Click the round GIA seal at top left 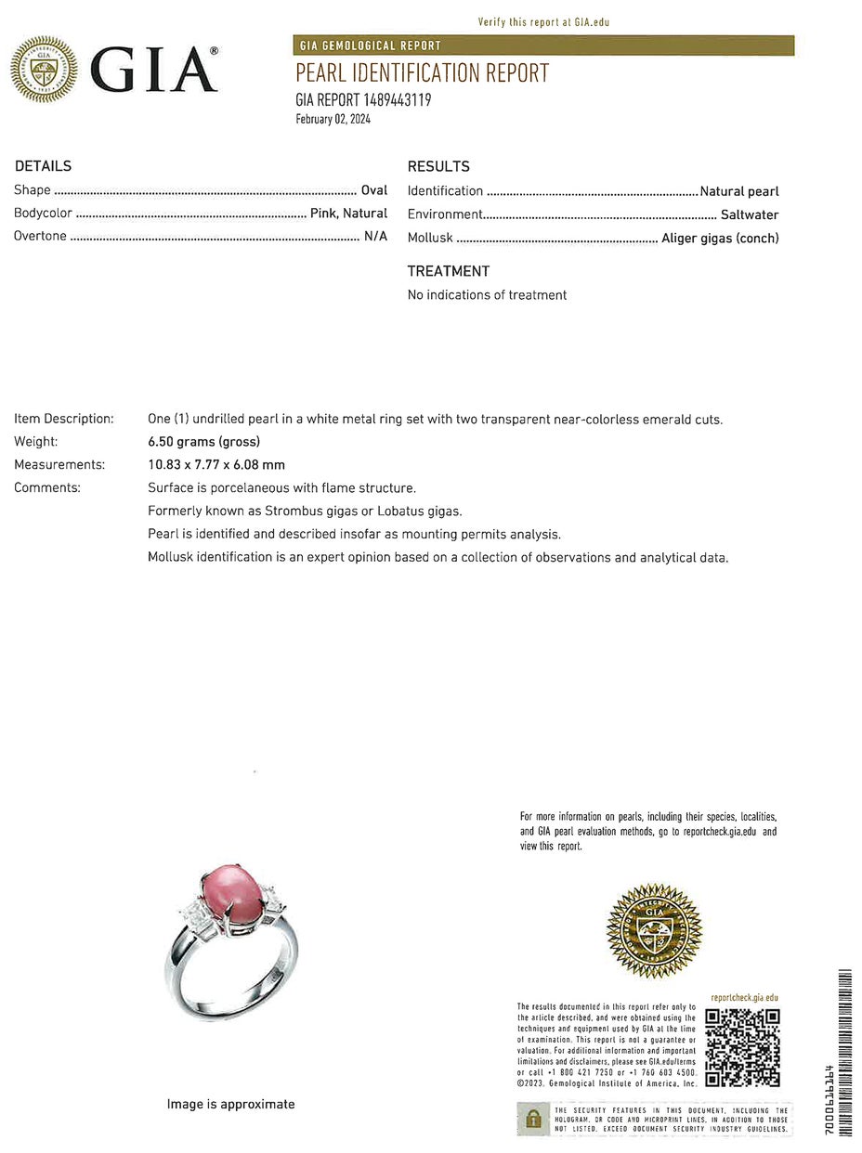(x=43, y=70)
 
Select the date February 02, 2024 (x=333, y=119)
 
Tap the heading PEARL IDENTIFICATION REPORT (x=422, y=73)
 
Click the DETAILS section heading (x=43, y=166)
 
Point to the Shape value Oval (x=374, y=190)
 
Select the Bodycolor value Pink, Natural (x=348, y=214)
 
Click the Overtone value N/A (x=375, y=236)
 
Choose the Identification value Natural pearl (x=739, y=191)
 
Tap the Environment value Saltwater (x=750, y=214)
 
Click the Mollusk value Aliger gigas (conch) (x=720, y=238)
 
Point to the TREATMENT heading (x=448, y=271)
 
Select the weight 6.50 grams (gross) (x=203, y=442)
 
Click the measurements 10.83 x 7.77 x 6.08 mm (x=216, y=464)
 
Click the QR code (x=742, y=1047)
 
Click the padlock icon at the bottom (x=533, y=1118)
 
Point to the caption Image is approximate (x=230, y=1104)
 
